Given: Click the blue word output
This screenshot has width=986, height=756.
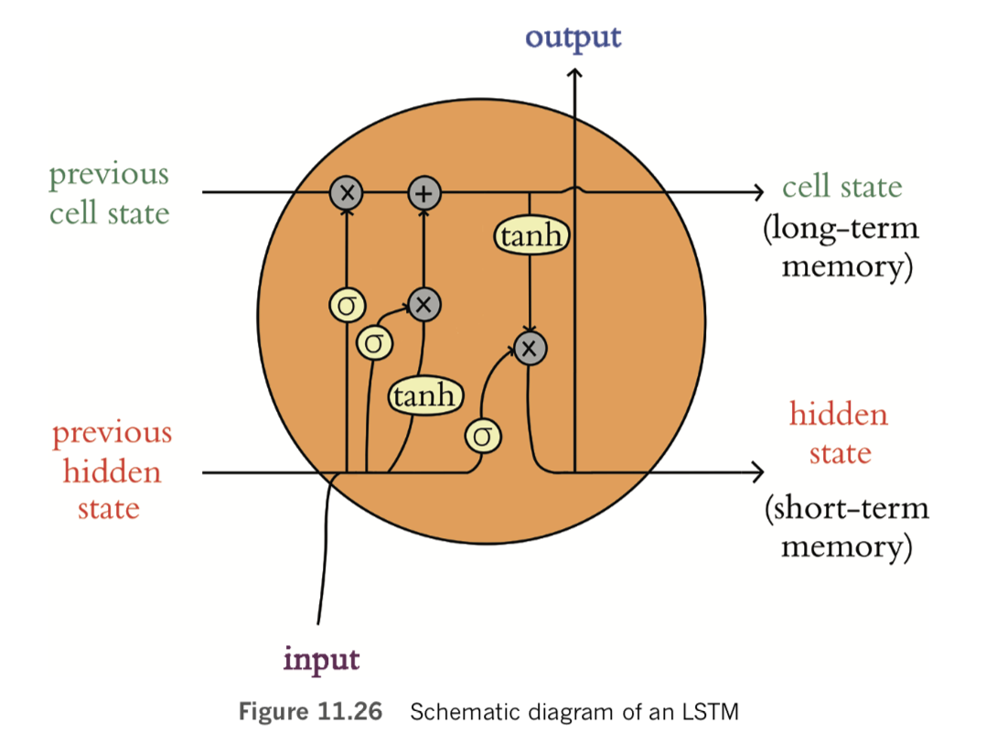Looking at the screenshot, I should [x=573, y=38].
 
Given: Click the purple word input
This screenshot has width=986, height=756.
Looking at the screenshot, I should [x=321, y=658].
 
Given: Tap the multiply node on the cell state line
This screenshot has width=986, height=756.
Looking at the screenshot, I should [x=347, y=192].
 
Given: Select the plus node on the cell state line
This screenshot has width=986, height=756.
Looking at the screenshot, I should [x=423, y=192].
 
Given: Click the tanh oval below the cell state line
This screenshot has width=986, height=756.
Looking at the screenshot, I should [x=531, y=236].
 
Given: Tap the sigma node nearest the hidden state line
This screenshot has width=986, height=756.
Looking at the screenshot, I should [x=483, y=435].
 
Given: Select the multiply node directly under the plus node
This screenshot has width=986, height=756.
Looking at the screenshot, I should [x=423, y=305].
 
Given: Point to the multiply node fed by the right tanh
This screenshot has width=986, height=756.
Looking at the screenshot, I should [x=530, y=347].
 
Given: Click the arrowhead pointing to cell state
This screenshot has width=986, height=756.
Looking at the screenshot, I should [x=757, y=192].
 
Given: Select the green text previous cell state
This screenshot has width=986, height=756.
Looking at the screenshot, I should [x=109, y=193].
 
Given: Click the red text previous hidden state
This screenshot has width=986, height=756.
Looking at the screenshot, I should [x=110, y=470].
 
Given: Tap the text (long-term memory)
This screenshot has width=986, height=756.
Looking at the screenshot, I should [x=840, y=247].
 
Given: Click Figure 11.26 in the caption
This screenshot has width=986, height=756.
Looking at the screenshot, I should [x=310, y=712].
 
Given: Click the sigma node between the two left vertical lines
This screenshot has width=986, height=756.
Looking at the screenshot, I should [x=373, y=343].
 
